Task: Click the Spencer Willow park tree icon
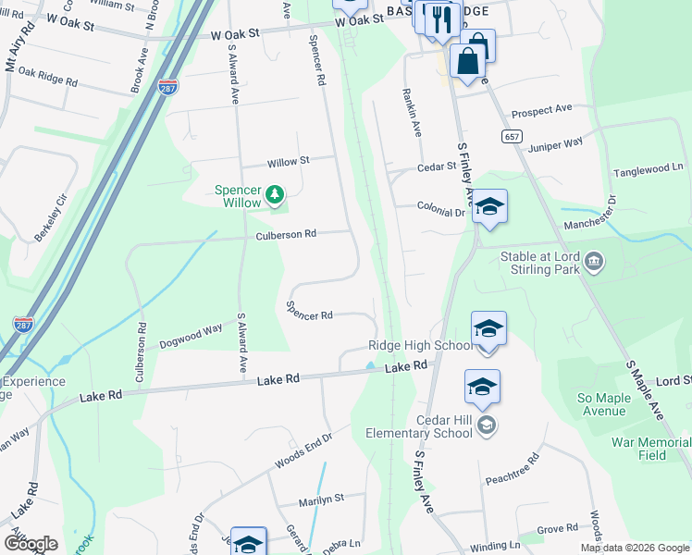274,194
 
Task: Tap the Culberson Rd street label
287,235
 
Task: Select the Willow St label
288,162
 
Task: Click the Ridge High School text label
419,345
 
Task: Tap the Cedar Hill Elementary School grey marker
487,425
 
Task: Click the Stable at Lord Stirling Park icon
594,263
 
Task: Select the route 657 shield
512,136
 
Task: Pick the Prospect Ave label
541,110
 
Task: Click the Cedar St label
437,167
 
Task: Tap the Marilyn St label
321,499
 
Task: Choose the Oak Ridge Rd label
47,76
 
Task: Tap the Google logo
31,544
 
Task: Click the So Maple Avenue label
601,404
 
